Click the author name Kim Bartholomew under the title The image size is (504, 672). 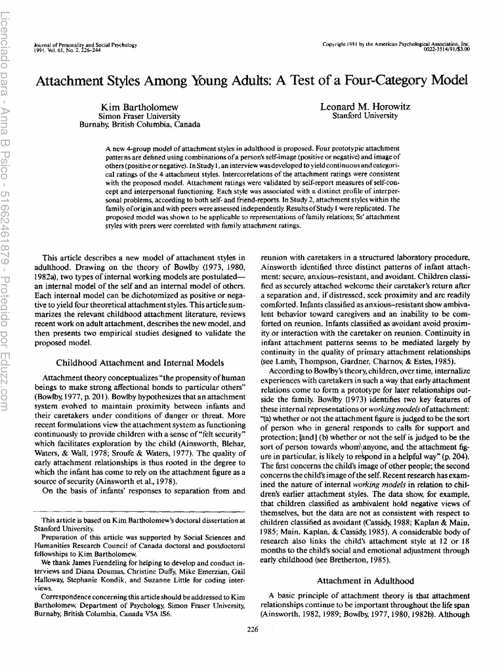[139, 106]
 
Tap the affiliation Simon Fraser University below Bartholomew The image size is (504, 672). [139, 115]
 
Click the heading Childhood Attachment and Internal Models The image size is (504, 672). [140, 362]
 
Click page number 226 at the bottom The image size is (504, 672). [251, 629]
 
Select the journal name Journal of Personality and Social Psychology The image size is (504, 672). [85, 45]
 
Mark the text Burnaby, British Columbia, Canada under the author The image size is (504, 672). [139, 124]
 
